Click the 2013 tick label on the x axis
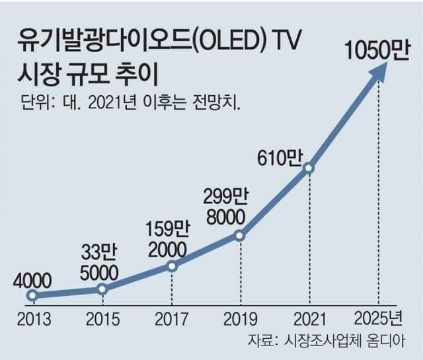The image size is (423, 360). tap(34, 320)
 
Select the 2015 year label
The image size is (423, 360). tap(102, 320)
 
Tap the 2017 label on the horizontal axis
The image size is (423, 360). tap(172, 320)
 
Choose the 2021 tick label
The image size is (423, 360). tap(309, 320)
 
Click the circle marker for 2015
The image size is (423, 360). tap(102, 289)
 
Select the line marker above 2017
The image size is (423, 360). tap(172, 266)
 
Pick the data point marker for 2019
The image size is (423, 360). tap(241, 235)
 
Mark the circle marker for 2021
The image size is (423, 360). tap(309, 168)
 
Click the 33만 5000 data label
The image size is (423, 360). tap(100, 262)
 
